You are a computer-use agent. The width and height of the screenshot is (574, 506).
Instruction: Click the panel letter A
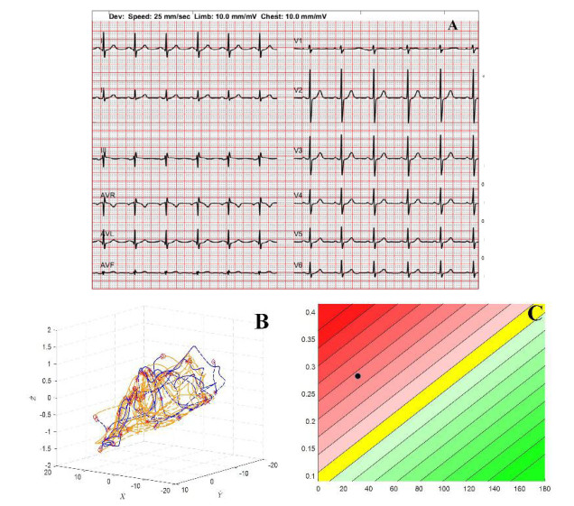point(453,25)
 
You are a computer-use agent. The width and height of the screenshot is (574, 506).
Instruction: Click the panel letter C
point(534,314)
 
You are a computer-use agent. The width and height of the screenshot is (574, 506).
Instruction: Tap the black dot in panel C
point(358,376)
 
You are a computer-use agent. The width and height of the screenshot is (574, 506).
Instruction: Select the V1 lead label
point(298,41)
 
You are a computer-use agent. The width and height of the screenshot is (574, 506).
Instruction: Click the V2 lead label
point(298,91)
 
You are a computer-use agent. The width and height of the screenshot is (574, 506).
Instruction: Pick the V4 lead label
point(298,195)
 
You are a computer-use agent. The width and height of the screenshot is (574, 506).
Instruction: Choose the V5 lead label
point(298,233)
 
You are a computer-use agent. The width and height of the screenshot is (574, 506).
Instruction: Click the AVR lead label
point(108,195)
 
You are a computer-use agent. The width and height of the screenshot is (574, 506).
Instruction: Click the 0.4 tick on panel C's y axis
point(308,312)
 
